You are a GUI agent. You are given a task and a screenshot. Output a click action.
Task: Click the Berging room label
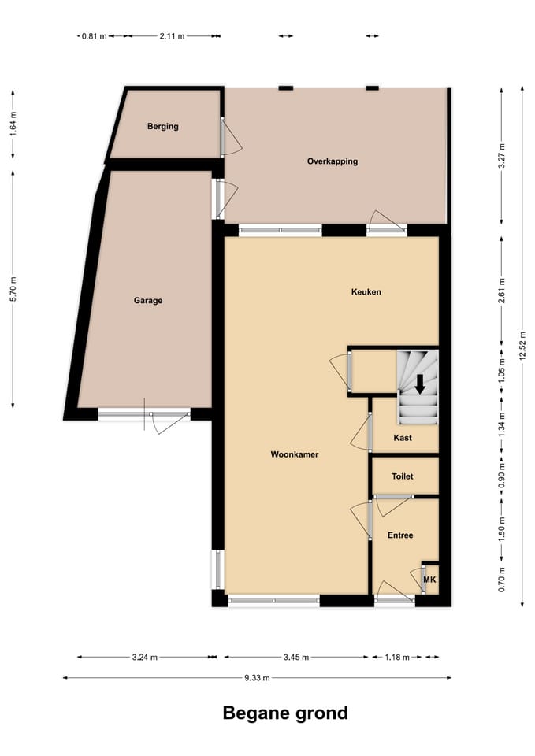[x=162, y=126]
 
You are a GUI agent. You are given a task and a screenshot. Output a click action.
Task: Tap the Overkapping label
[x=332, y=161]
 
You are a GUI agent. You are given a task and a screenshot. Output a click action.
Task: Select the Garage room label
[x=147, y=300]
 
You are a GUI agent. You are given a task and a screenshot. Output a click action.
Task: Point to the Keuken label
[x=366, y=292]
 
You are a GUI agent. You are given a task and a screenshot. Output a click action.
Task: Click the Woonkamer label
[x=294, y=454]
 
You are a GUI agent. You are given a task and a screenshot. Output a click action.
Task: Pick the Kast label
[x=403, y=438]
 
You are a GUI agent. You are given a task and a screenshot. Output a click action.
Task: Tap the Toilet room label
[x=403, y=477]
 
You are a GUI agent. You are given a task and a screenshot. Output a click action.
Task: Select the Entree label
[x=400, y=535]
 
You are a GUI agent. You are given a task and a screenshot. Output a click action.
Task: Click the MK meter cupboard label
[x=429, y=580]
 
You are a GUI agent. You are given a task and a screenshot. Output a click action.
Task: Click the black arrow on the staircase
[x=420, y=384]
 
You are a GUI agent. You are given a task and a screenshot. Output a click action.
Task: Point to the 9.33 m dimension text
[x=257, y=677]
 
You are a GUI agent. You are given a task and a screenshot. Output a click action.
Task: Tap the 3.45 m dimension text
[x=295, y=657]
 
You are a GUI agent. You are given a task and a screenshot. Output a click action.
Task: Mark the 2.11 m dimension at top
[x=172, y=35]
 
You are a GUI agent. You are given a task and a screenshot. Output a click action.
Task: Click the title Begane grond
[x=284, y=713]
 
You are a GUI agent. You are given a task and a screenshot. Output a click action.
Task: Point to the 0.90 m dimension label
[x=502, y=476]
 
